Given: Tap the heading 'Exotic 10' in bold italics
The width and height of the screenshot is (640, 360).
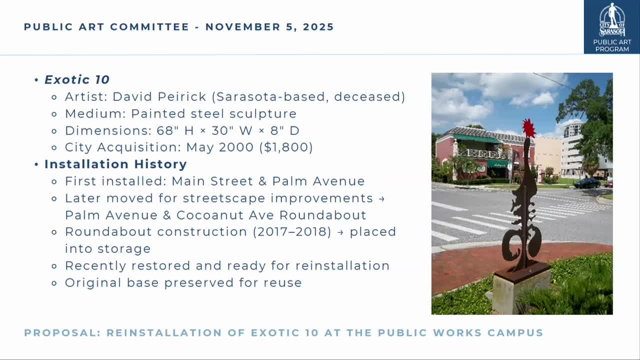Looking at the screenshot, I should (x=77, y=79).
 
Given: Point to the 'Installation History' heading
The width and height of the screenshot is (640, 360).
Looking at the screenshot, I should (x=115, y=164).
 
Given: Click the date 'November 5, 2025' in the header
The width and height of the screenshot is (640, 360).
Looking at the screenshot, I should (x=269, y=27).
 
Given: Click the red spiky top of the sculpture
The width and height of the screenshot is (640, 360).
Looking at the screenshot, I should (x=528, y=128).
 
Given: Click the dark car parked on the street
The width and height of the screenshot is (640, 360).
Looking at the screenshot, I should (x=587, y=183).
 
